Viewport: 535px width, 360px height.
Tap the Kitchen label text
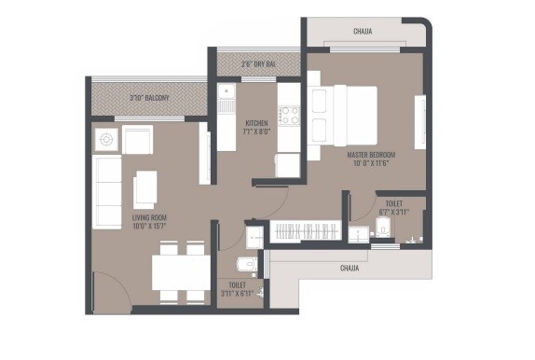(257, 128)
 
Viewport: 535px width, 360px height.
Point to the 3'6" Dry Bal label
(258, 63)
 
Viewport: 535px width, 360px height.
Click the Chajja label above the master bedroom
(363, 31)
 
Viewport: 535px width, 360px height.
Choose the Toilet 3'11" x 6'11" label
(239, 290)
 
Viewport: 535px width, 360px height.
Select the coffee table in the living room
(145, 189)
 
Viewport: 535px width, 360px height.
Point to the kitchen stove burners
(290, 118)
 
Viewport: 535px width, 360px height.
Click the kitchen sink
(226, 97)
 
